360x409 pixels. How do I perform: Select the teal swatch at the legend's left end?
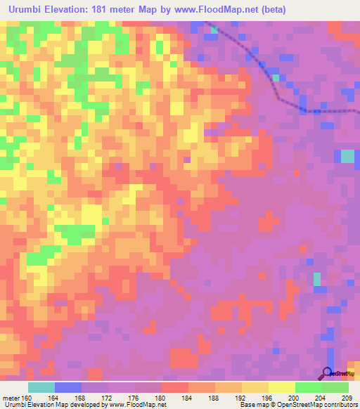[x=41, y=387]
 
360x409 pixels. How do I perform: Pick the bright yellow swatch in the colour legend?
[x=281, y=387]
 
